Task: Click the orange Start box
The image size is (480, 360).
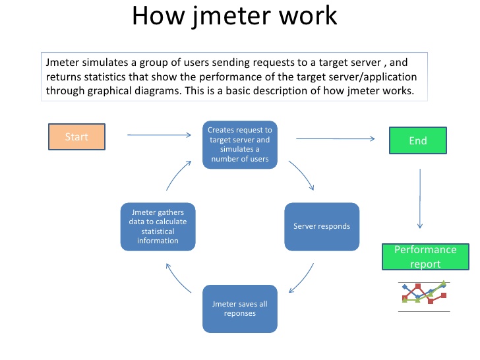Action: pyautogui.click(x=76, y=136)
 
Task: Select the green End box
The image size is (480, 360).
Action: pyautogui.click(x=417, y=140)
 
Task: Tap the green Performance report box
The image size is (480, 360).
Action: pyautogui.click(x=425, y=256)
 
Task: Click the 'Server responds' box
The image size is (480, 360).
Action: pyautogui.click(x=321, y=226)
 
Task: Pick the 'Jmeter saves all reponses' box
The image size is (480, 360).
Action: pyautogui.click(x=239, y=308)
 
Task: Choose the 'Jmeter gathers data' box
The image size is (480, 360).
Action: pyautogui.click(x=158, y=226)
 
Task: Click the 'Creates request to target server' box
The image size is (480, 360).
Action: pyautogui.click(x=239, y=144)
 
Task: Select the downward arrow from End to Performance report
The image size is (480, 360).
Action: pyautogui.click(x=420, y=198)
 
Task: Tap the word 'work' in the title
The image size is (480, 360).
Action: pyautogui.click(x=310, y=16)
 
